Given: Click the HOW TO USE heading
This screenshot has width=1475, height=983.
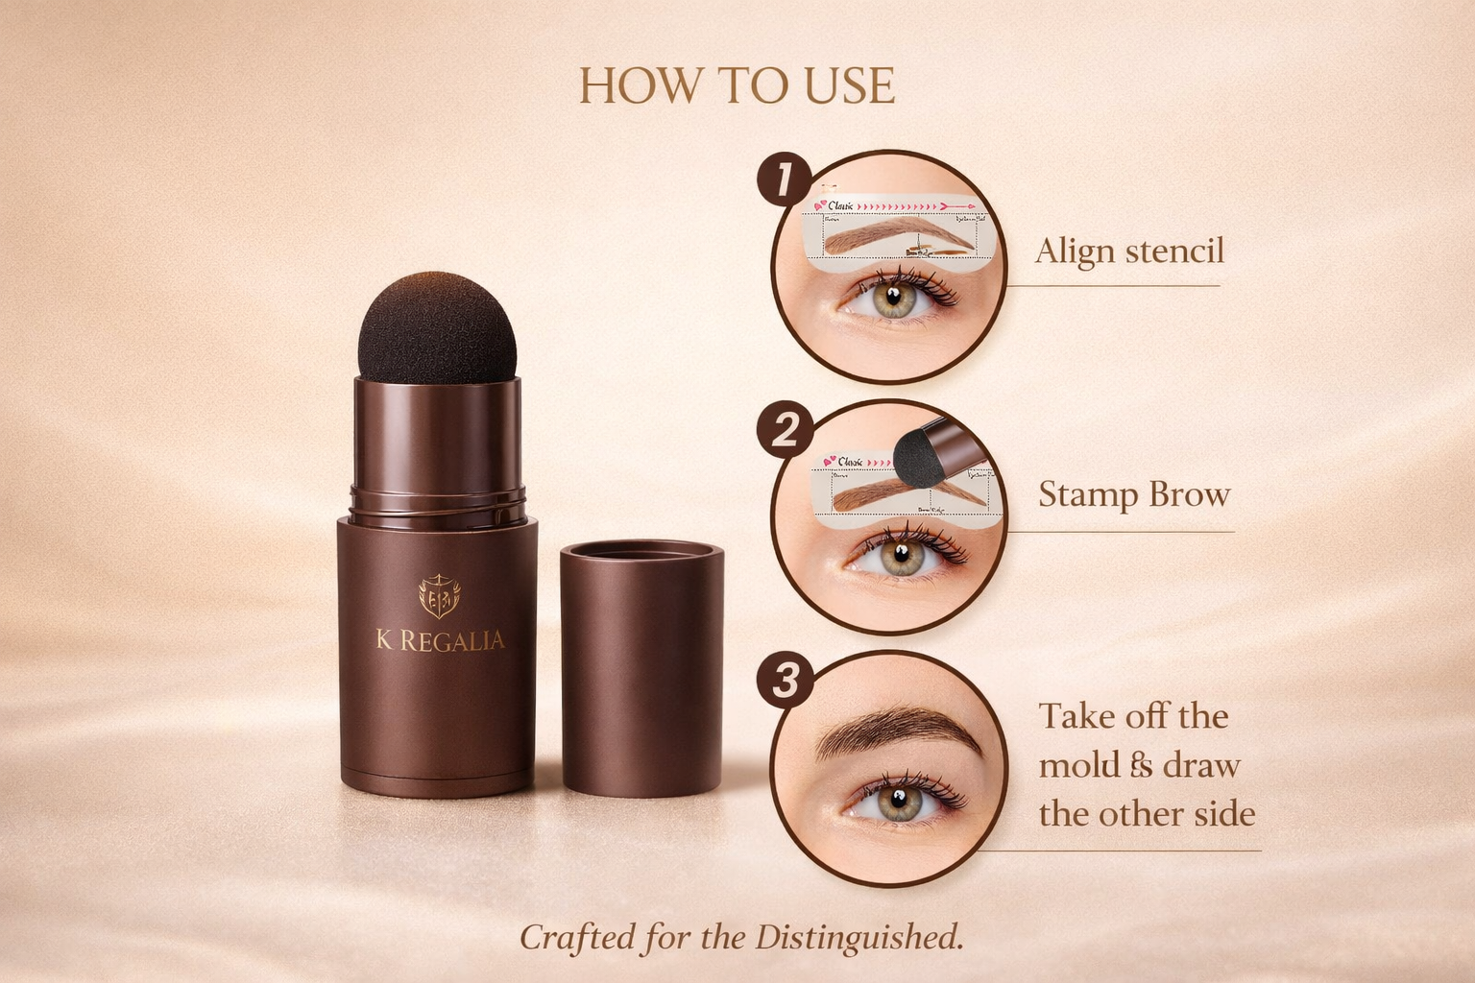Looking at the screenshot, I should coord(737,85).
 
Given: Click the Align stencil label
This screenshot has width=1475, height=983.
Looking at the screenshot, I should coord(1129,251).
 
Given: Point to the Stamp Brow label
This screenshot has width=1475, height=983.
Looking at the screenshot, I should coord(1134,495).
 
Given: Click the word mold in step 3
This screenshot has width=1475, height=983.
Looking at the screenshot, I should coord(1080,766).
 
